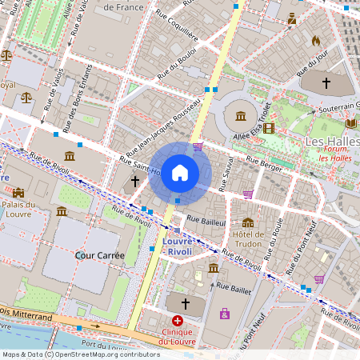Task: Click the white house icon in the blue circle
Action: click(x=180, y=172)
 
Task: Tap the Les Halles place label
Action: click(x=332, y=142)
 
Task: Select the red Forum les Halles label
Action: click(x=334, y=153)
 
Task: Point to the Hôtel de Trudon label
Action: click(x=247, y=239)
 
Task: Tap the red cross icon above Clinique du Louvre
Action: click(x=178, y=320)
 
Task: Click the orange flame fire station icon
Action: click(x=315, y=39)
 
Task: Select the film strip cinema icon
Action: click(x=269, y=127)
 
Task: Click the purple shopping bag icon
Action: click(x=225, y=313)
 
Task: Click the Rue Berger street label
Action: click(x=265, y=162)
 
